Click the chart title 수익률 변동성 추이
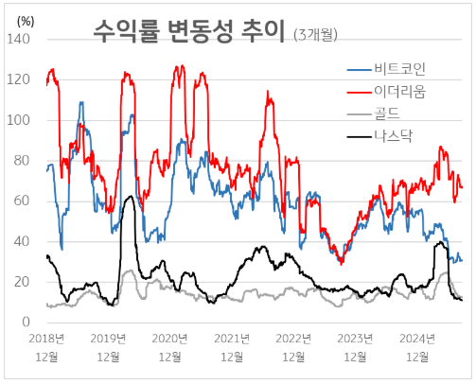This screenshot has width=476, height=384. pyautogui.click(x=188, y=31)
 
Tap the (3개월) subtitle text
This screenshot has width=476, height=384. pyautogui.click(x=316, y=35)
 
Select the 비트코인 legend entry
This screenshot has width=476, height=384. pyautogui.click(x=400, y=70)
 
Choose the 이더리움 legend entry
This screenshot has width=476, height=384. pyautogui.click(x=400, y=92)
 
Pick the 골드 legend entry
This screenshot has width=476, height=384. pyautogui.click(x=392, y=114)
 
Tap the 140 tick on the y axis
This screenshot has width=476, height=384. pyautogui.click(x=19, y=40)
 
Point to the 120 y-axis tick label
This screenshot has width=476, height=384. pyautogui.click(x=19, y=80)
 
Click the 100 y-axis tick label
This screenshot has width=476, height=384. pyautogui.click(x=19, y=121)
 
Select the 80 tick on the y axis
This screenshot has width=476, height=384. pyautogui.click(x=23, y=161)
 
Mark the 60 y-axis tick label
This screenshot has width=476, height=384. pyautogui.click(x=23, y=201)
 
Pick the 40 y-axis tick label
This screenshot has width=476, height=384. pyautogui.click(x=23, y=242)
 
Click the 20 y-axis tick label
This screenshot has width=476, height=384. pyautogui.click(x=23, y=282)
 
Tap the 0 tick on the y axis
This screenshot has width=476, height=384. pyautogui.click(x=26, y=323)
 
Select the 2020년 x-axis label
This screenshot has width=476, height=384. pyautogui.click(x=170, y=338)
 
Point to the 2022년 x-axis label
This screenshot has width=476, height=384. pyautogui.click(x=293, y=338)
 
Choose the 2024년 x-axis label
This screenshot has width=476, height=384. pyautogui.click(x=416, y=338)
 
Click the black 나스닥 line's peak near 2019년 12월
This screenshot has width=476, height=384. pyautogui.click(x=129, y=197)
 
